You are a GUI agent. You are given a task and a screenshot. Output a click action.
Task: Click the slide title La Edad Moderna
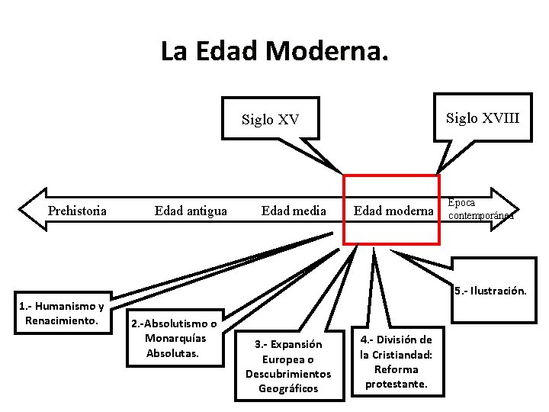pyautogui.click(x=274, y=51)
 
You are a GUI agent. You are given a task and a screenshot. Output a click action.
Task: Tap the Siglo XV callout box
pyautogui.click(x=271, y=119)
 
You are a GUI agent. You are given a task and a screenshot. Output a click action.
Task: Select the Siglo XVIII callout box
pyautogui.click(x=482, y=117)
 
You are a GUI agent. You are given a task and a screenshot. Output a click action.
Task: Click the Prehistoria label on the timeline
pyautogui.click(x=77, y=211)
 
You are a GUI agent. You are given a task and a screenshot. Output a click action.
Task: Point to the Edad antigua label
pyautogui.click(x=191, y=211)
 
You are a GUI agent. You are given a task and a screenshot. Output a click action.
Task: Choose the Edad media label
pyautogui.click(x=294, y=211)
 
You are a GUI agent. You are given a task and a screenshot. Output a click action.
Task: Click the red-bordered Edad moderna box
pyautogui.click(x=392, y=211)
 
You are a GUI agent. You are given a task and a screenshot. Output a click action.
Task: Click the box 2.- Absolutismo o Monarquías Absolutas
pyautogui.click(x=173, y=338)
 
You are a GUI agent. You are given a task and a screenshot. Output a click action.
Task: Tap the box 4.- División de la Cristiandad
pyautogui.click(x=396, y=361)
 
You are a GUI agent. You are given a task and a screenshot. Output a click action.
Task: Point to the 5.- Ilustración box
pyautogui.click(x=491, y=291)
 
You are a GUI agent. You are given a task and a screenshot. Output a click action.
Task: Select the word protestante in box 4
pyautogui.click(x=396, y=384)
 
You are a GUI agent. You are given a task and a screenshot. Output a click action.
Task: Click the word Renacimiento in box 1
pyautogui.click(x=61, y=320)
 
